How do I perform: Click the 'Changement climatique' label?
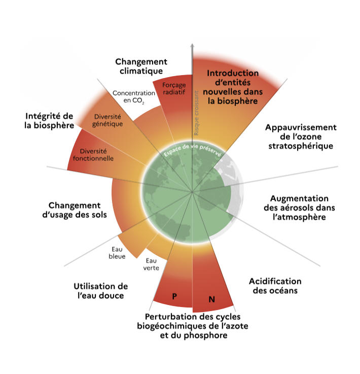[141, 66]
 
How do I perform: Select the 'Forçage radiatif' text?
[174, 89]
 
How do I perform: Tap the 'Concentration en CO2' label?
[134, 96]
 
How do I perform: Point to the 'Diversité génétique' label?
[109, 120]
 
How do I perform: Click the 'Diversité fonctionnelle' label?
[96, 154]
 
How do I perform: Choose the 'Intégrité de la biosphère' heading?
[49, 120]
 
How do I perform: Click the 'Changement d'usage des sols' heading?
[75, 211]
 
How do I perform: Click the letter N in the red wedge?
[211, 299]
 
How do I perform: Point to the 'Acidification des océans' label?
[275, 286]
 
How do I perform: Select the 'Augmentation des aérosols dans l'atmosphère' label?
[299, 208]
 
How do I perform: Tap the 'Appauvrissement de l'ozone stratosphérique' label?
[301, 137]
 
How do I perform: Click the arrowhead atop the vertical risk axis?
[192, 47]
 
